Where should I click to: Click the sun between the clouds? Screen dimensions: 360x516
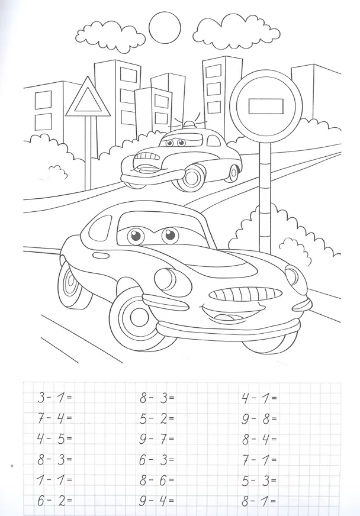tap(165, 28)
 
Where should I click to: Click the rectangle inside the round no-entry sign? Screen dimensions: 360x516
tap(266, 106)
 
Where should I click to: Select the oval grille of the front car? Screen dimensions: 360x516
tap(246, 294)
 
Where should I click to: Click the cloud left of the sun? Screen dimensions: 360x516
tap(110, 36)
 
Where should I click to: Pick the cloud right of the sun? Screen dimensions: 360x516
tap(236, 31)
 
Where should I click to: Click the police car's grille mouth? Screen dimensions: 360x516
tap(148, 159)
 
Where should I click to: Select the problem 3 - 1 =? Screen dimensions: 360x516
tap(54, 398)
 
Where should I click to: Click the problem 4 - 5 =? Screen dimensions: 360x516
tap(54, 439)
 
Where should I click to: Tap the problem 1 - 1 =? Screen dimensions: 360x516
tap(54, 480)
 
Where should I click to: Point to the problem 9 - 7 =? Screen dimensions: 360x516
tap(156, 439)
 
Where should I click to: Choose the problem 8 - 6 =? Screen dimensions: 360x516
tap(156, 480)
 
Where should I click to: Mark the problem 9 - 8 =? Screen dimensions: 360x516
tap(259, 418)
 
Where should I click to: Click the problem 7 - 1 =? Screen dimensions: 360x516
tap(259, 460)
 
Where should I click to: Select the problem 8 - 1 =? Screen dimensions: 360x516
tap(259, 501)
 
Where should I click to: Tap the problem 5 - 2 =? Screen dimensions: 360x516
tap(156, 418)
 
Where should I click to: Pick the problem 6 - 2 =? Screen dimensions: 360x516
tap(54, 501)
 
